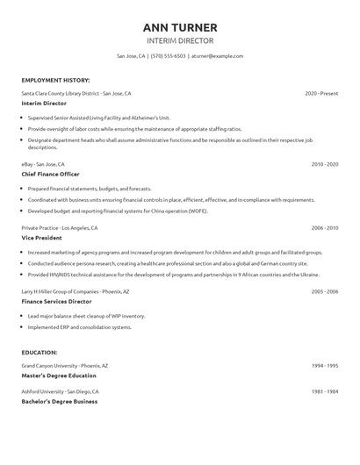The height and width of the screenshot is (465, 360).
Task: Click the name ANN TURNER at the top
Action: click(179, 26)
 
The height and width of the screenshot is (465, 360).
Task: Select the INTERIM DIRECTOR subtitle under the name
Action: click(179, 40)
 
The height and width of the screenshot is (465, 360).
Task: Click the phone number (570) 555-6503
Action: click(168, 55)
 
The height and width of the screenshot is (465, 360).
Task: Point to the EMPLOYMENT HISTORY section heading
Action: click(55, 80)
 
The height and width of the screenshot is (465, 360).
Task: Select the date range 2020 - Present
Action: click(321, 92)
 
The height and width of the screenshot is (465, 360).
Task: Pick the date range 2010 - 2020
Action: click(324, 164)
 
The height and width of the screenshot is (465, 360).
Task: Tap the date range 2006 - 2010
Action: click(324, 227)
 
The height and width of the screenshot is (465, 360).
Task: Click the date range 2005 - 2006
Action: click(324, 290)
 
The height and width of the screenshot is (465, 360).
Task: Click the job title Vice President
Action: click(42, 237)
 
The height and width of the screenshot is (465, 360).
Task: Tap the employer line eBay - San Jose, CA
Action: click(43, 164)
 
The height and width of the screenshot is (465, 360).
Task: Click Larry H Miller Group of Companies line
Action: click(76, 290)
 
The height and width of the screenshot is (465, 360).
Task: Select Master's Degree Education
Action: click(59, 375)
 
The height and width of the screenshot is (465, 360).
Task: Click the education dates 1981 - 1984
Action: click(324, 391)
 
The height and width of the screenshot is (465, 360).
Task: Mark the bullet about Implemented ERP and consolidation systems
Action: click(80, 327)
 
